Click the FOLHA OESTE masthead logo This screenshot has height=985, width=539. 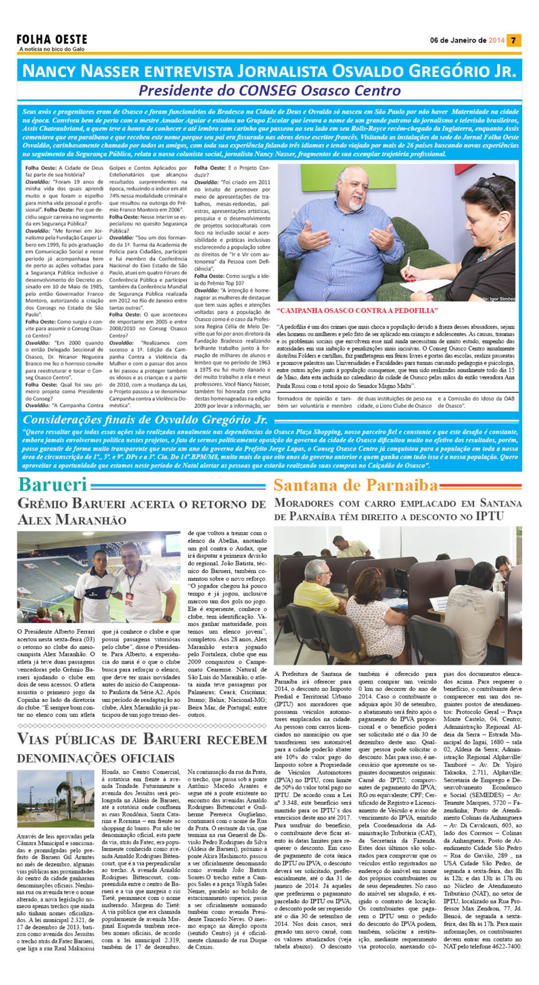click(52, 40)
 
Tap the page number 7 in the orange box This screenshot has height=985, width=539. click(513, 41)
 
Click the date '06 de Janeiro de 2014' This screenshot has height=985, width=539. click(467, 41)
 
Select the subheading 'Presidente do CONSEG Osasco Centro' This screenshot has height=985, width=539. click(269, 91)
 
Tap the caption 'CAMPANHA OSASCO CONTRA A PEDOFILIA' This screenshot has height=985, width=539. click(357, 310)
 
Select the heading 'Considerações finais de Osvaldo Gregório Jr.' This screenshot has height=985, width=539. click(145, 419)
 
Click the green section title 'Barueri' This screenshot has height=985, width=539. click(53, 484)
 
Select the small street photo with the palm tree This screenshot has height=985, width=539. click(56, 798)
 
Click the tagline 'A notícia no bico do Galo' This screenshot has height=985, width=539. click(52, 50)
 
